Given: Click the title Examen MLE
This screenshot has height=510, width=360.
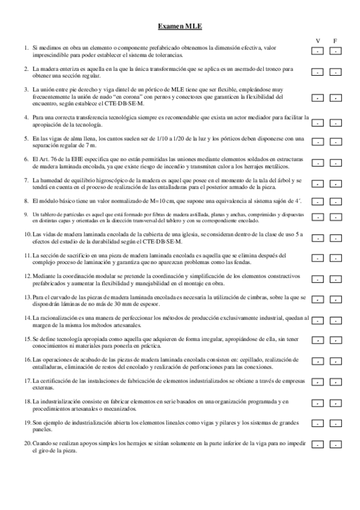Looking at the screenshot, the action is click(180, 26).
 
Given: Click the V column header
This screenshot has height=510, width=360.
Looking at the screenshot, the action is click(318, 40).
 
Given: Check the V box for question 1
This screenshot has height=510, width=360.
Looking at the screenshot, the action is click(318, 51).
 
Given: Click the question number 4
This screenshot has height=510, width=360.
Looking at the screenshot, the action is click(26, 117).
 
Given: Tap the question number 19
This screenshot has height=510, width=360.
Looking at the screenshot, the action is click(28, 423).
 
